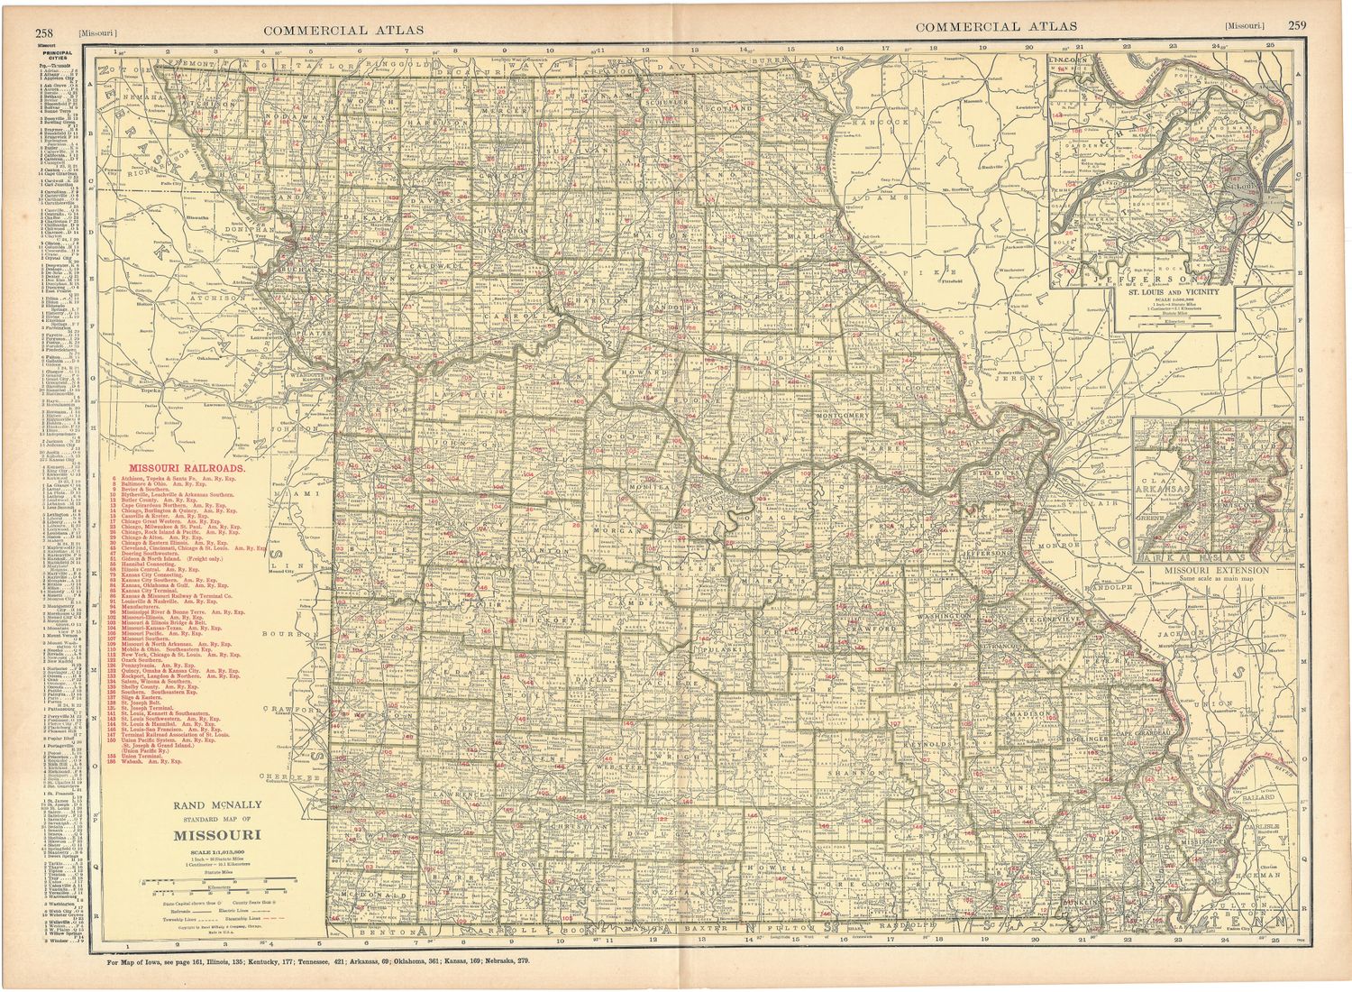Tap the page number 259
tap(1296, 26)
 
